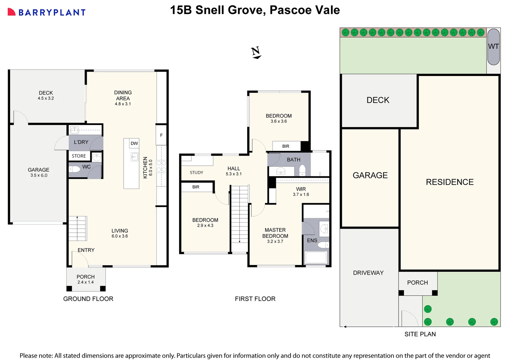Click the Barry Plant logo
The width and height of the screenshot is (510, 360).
pyautogui.click(x=47, y=12)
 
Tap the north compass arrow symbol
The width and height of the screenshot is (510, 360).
pyautogui.click(x=256, y=53)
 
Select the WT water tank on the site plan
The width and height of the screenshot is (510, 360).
pyautogui.click(x=493, y=47)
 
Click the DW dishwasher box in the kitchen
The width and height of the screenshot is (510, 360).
pyautogui.click(x=134, y=143)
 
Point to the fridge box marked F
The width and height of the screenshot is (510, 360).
pyautogui.click(x=161, y=135)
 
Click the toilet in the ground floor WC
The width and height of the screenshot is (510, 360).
pyautogui.click(x=74, y=169)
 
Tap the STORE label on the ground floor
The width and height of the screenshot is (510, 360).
pyautogui.click(x=79, y=156)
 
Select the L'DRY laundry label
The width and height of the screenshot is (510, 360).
pyautogui.click(x=81, y=142)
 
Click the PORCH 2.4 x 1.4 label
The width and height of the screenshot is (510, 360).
pyautogui.click(x=86, y=279)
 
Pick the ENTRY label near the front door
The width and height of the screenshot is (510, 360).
pyautogui.click(x=86, y=250)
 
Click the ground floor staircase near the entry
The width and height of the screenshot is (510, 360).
pyautogui.click(x=78, y=228)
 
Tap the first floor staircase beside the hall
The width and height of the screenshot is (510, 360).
pyautogui.click(x=239, y=218)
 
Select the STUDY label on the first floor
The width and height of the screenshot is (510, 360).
pyautogui.click(x=196, y=173)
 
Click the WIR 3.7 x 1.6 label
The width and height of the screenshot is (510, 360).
pyautogui.click(x=301, y=192)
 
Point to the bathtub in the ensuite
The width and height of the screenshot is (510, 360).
pyautogui.click(x=316, y=258)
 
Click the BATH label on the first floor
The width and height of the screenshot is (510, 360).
pyautogui.click(x=294, y=160)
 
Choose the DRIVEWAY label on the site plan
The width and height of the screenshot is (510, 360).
pyautogui.click(x=368, y=273)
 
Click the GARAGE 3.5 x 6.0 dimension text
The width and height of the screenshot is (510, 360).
pyautogui.click(x=39, y=175)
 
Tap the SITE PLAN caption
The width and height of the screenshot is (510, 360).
pyautogui.click(x=420, y=334)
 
